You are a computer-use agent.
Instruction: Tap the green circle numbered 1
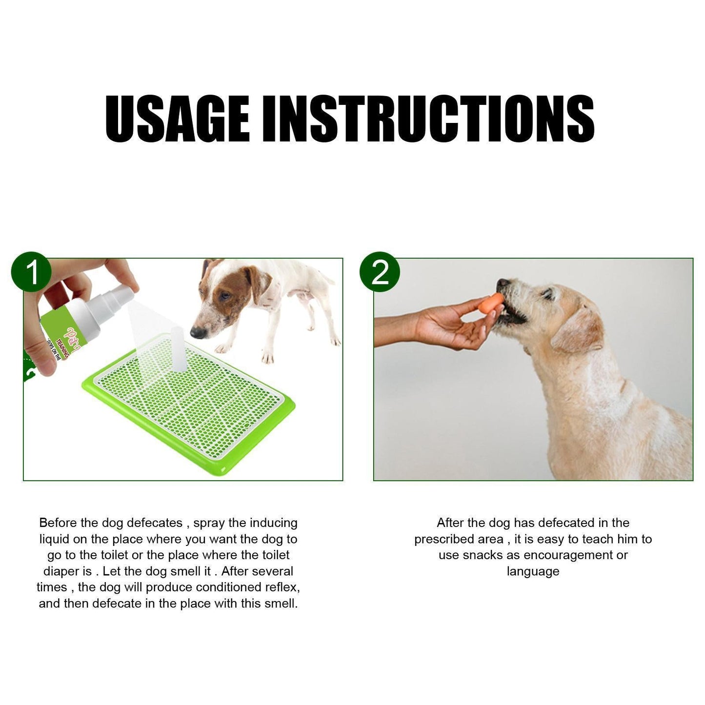(31, 272)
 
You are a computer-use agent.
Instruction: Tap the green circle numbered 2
(380, 272)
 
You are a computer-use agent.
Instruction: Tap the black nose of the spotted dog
(197, 333)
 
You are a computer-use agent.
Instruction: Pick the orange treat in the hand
(491, 303)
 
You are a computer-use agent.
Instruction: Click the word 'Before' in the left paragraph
(58, 523)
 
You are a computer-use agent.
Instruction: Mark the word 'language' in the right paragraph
(533, 571)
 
